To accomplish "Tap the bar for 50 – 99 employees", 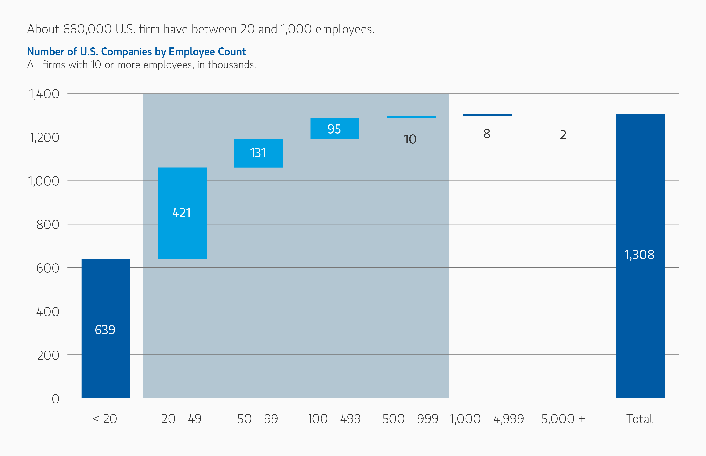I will tap(258, 153).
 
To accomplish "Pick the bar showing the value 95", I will tap(334, 129).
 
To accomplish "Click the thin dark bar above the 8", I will tap(487, 115).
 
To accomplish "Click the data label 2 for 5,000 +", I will tap(563, 135).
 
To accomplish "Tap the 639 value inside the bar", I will tap(105, 330).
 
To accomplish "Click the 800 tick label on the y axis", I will tap(48, 225).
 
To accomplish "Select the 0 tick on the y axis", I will tap(55, 399).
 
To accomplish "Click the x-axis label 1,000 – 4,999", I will tap(487, 419).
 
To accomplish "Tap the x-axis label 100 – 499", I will tap(334, 419).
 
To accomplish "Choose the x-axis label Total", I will tap(639, 419).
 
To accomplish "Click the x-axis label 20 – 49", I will tap(181, 419).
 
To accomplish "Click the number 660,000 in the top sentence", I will tap(87, 29).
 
